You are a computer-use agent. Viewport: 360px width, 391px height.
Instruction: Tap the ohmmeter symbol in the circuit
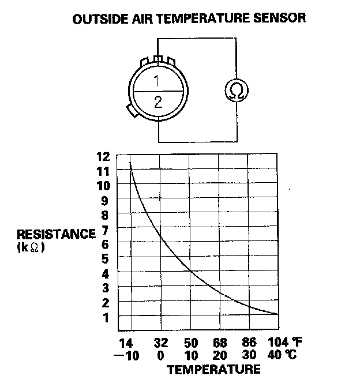(x=235, y=91)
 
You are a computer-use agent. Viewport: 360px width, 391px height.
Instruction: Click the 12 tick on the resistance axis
(x=103, y=157)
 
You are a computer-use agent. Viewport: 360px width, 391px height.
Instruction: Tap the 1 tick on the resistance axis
(x=106, y=317)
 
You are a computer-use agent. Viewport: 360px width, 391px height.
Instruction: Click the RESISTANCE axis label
(x=55, y=234)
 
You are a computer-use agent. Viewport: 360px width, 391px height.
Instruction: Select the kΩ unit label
(x=31, y=246)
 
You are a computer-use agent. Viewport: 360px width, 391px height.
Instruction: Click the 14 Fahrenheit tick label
(x=127, y=342)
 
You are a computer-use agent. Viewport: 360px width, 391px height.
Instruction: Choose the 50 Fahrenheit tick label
(x=190, y=342)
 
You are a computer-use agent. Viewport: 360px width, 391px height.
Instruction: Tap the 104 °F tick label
(x=275, y=342)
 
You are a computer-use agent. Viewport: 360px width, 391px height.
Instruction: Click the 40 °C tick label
(x=280, y=355)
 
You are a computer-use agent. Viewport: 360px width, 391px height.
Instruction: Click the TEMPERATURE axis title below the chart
(x=213, y=370)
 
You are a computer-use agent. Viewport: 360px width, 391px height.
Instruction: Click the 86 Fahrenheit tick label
(x=250, y=342)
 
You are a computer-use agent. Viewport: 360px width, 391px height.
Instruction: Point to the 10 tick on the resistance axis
(x=103, y=186)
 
